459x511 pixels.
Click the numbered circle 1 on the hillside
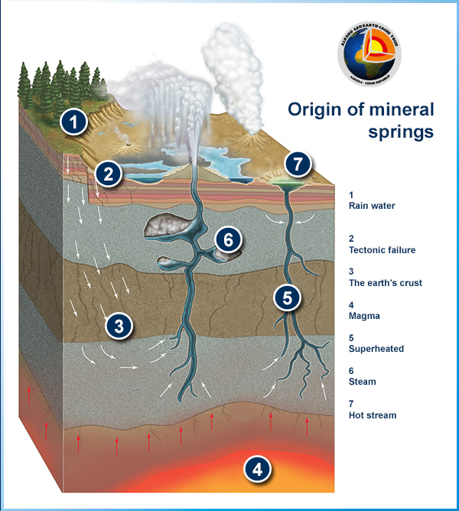click(x=73, y=121)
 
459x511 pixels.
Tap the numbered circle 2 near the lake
click(x=109, y=174)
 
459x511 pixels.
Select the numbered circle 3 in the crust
click(x=119, y=325)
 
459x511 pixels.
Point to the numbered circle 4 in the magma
click(x=258, y=469)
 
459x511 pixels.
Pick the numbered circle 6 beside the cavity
click(x=227, y=239)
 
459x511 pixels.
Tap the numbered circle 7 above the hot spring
click(x=298, y=163)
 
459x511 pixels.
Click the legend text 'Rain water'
click(x=370, y=205)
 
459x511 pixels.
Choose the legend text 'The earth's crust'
click(x=385, y=282)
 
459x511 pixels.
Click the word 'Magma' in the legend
click(x=363, y=315)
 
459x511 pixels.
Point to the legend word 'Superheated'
click(x=376, y=348)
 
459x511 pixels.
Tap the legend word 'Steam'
click(x=362, y=381)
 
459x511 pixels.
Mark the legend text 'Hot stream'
click(x=373, y=415)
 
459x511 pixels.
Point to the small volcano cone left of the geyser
click(x=123, y=143)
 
